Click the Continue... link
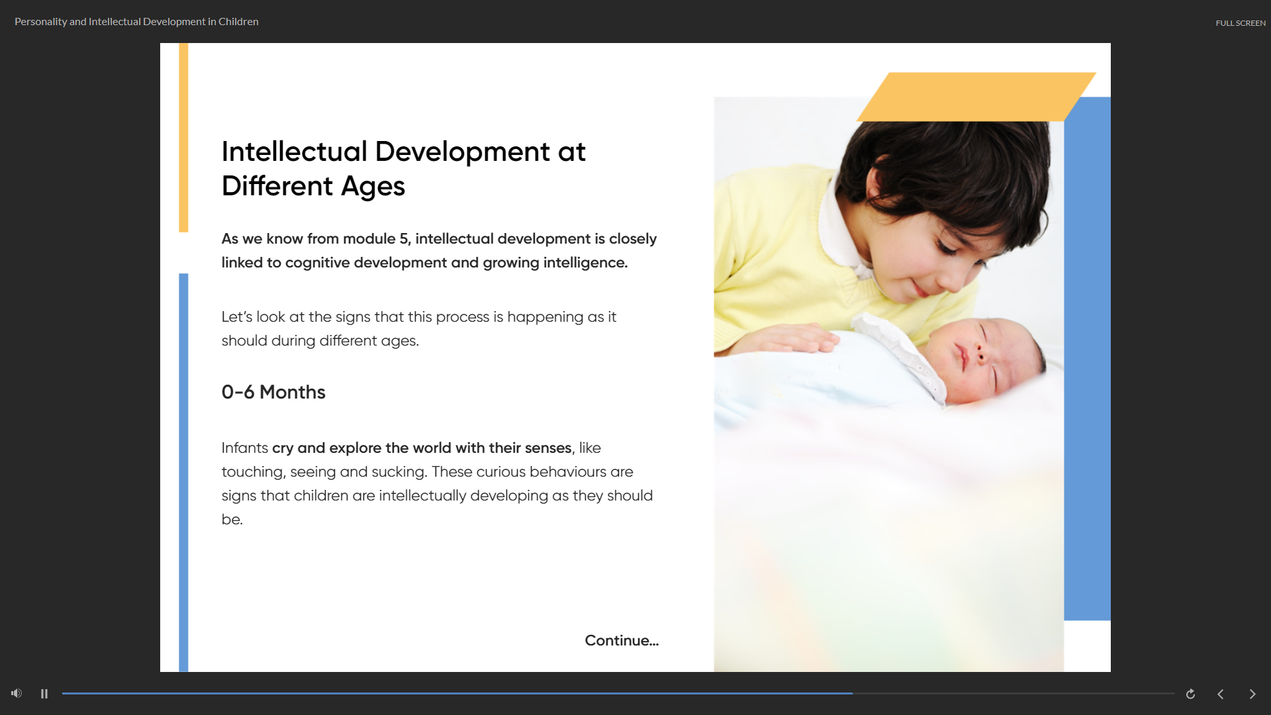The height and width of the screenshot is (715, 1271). coord(621,640)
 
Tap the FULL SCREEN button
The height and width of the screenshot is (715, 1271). coord(1240,23)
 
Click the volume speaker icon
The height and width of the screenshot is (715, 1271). coord(17,693)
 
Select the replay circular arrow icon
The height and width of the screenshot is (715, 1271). coord(1190,694)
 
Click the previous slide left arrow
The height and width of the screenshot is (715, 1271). coord(1221,694)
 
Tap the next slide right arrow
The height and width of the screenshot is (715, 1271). coord(1252,694)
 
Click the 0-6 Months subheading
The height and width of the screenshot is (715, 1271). coord(273,392)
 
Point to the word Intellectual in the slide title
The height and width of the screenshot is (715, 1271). coord(294,152)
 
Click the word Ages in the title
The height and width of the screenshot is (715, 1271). coord(373,186)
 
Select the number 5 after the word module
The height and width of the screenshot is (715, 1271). coord(403,238)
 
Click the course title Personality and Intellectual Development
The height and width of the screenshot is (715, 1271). coord(136,22)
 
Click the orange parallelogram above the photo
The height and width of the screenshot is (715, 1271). coord(976,97)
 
